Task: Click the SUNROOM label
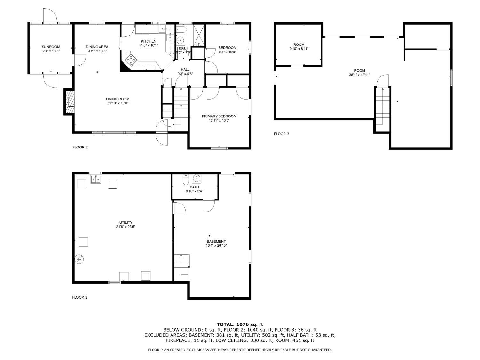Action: tap(51, 47)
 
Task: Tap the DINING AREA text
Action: tap(97, 47)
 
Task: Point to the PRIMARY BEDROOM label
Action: tap(219, 116)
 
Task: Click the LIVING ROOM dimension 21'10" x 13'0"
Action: tap(118, 103)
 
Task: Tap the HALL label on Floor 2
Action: tap(185, 70)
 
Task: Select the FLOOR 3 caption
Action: tap(281, 134)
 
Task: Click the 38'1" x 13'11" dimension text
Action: tap(359, 75)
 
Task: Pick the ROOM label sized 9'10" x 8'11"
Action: tap(299, 44)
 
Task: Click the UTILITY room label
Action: tap(126, 222)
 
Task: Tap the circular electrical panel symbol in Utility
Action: tap(79, 260)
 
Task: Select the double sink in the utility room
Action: tap(96, 179)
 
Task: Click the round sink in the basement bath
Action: tap(196, 179)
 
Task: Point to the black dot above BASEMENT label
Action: tap(210, 236)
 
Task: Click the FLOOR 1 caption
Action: tap(80, 297)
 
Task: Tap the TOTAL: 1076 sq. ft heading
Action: tap(240, 324)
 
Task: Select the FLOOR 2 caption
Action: tap(80, 147)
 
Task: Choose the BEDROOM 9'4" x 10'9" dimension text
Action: tap(228, 52)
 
